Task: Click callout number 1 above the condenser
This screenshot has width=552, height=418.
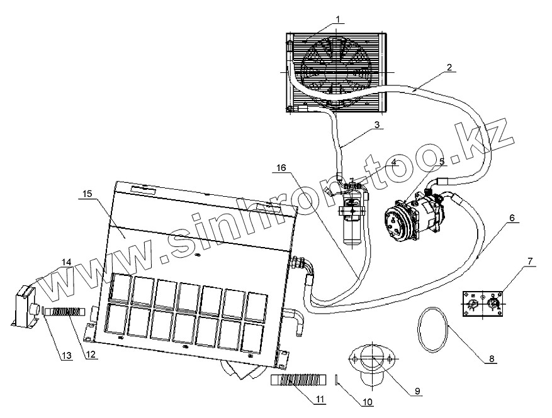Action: pyautogui.click(x=338, y=19)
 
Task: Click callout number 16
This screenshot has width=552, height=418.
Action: pyautogui.click(x=281, y=168)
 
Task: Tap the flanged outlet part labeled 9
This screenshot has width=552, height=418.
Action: pyautogui.click(x=372, y=365)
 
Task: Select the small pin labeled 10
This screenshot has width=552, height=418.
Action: pyautogui.click(x=339, y=380)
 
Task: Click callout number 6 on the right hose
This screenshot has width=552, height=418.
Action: pyautogui.click(x=512, y=217)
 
